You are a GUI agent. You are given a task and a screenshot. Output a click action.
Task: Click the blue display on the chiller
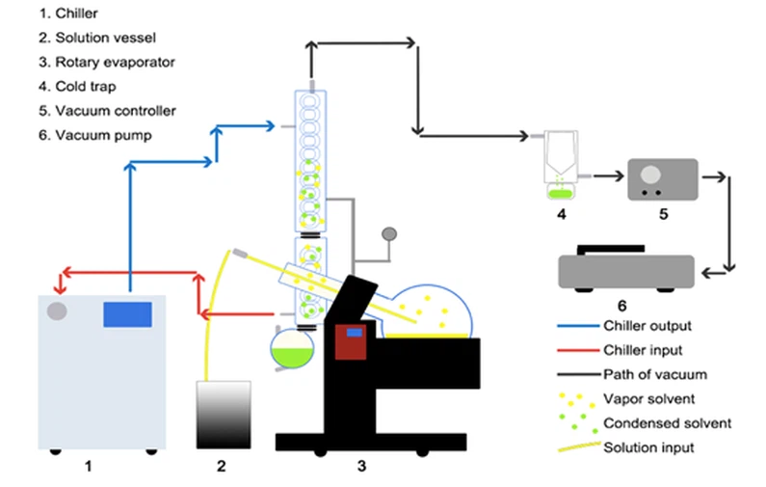pos(127,314)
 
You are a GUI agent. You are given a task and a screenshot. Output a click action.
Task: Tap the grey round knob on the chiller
pos(57,311)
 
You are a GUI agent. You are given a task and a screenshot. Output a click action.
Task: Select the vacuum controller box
pos(662,180)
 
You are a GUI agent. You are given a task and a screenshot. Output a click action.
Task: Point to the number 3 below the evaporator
pos(362,467)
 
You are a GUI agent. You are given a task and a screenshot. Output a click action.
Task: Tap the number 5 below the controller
pos(664,213)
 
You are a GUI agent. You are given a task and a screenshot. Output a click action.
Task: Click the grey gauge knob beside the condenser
pos(390,233)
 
